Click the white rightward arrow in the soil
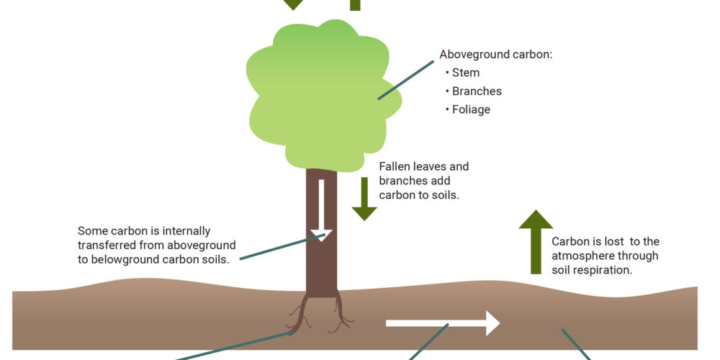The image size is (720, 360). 443,323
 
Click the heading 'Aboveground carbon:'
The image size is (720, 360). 496,55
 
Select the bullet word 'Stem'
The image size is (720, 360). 466,73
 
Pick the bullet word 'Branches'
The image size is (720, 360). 477,91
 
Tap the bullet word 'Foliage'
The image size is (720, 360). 471,109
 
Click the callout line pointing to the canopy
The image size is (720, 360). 406,80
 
